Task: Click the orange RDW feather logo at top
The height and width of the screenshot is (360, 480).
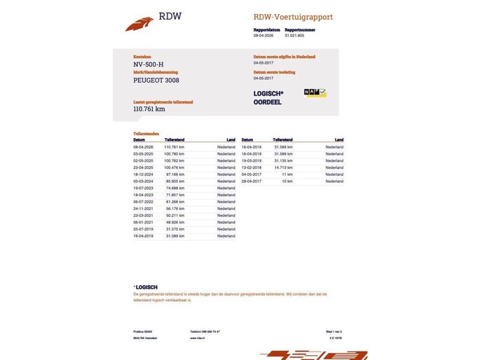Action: tap(139, 24)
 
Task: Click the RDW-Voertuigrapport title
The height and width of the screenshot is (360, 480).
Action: tap(293, 17)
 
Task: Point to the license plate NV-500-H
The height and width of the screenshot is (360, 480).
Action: tap(149, 65)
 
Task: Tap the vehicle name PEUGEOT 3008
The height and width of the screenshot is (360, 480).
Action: tap(157, 81)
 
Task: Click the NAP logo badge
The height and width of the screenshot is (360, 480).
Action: tap(315, 92)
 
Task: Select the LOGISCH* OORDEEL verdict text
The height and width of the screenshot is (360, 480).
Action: tap(268, 97)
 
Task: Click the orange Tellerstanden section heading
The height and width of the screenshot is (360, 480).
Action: tap(146, 133)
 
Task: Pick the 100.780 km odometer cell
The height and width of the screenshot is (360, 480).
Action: tap(174, 153)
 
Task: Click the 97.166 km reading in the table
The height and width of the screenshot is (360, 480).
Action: tap(174, 174)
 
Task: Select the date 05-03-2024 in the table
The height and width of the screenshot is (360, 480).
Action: tap(143, 181)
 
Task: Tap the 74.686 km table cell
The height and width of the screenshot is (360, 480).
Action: tap(174, 188)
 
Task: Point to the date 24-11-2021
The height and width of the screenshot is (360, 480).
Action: tap(143, 209)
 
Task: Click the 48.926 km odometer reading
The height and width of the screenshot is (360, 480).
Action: tap(174, 223)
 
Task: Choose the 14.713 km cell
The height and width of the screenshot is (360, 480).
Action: tap(283, 167)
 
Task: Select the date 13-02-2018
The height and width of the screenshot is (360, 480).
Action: tap(251, 167)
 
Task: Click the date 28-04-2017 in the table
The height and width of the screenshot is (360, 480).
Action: tap(251, 181)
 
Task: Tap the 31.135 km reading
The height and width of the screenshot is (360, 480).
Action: tap(283, 160)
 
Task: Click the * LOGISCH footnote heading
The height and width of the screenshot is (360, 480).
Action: tap(146, 287)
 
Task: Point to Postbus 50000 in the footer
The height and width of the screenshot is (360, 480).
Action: tap(143, 331)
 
